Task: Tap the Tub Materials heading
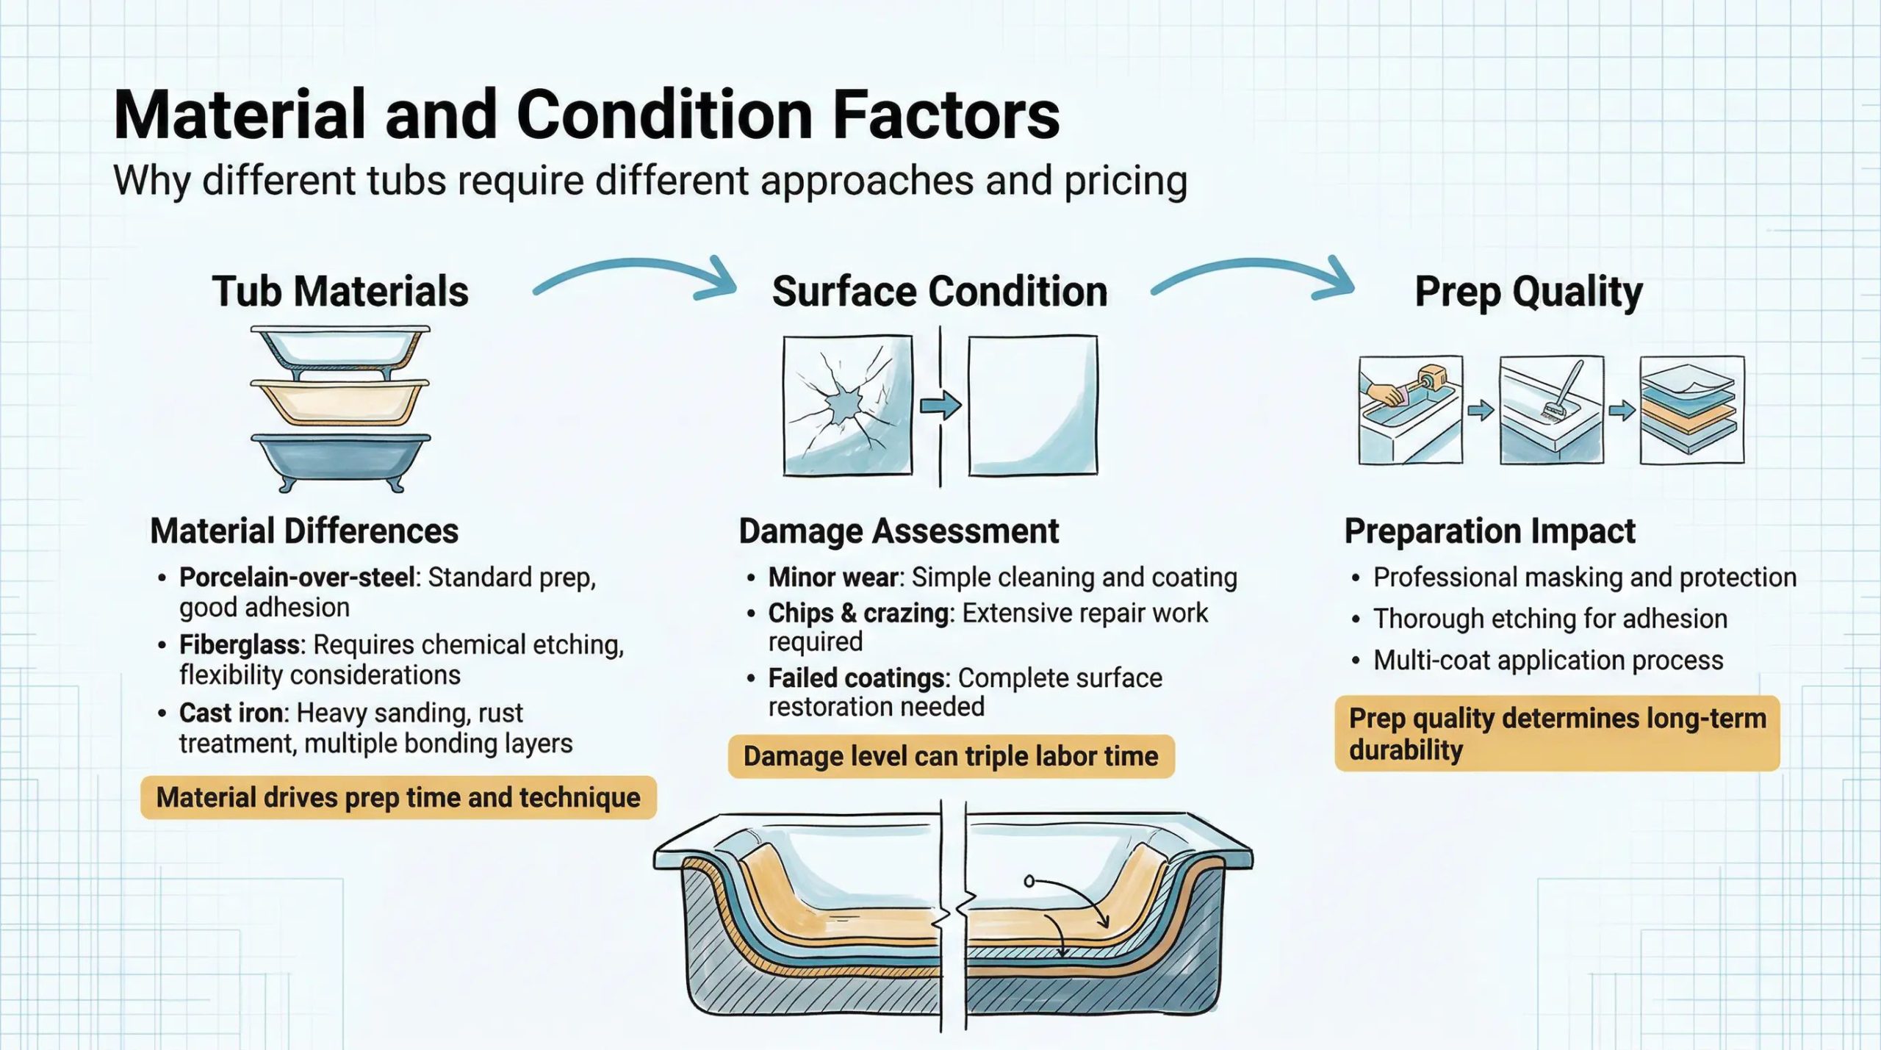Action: (x=340, y=292)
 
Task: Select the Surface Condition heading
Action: (x=940, y=292)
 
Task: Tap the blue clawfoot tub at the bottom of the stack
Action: (x=341, y=461)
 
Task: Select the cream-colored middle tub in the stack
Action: (x=340, y=401)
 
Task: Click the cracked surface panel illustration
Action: (x=848, y=405)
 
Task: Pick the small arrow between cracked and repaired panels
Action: (x=940, y=405)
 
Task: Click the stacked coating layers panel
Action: (x=1692, y=410)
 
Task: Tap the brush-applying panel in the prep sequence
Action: (x=1552, y=410)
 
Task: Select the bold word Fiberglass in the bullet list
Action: (x=240, y=644)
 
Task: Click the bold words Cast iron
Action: (x=231, y=713)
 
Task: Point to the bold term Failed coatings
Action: (x=856, y=677)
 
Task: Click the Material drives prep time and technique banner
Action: (x=398, y=797)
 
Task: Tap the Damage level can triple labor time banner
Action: (x=951, y=756)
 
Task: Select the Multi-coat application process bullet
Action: (x=1548, y=661)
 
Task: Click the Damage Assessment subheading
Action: (x=899, y=531)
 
